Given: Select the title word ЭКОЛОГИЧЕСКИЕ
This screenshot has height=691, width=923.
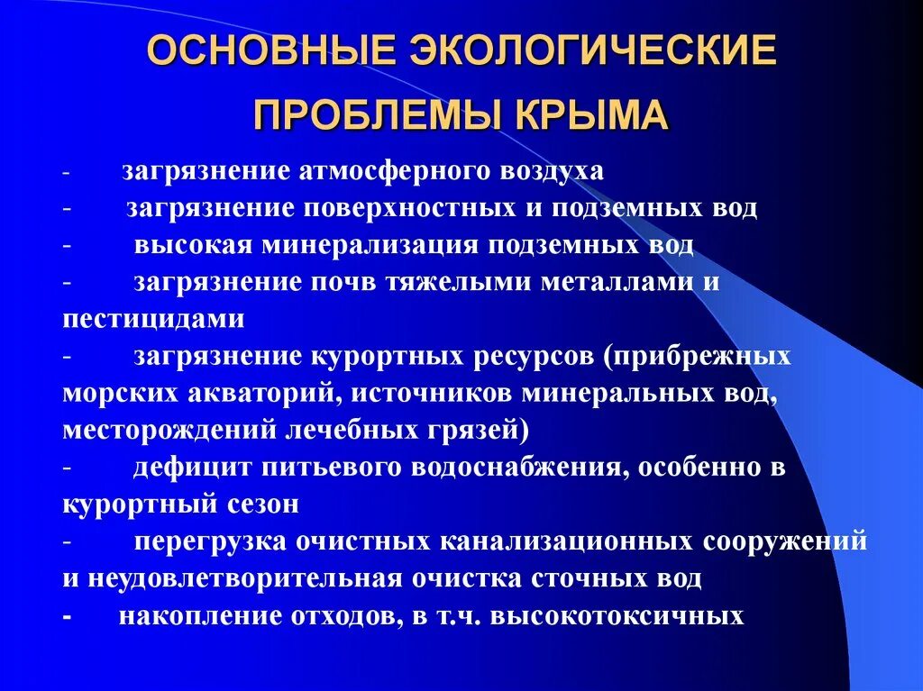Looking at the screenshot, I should [584, 52].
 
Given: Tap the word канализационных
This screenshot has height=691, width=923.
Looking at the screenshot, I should [566, 541].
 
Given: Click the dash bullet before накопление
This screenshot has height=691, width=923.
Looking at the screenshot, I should [69, 616].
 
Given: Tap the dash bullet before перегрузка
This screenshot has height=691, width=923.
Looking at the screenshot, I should [69, 541].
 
